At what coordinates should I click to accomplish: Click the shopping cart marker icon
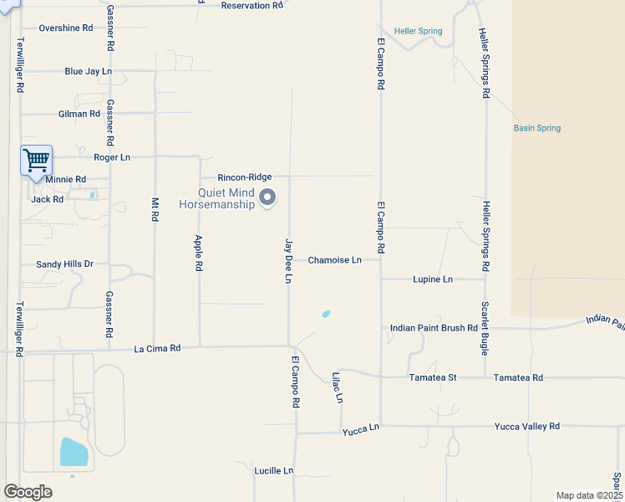coord(36,159)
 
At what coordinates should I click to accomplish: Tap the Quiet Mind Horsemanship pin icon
coord(267,197)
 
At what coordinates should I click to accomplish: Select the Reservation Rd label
coord(252,6)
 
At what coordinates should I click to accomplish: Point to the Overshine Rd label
coord(65,28)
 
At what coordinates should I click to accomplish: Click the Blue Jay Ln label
coord(88,72)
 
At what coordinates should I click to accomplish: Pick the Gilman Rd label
coord(79,114)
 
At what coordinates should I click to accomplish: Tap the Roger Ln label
coord(112,157)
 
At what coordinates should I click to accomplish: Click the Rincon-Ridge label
coord(245,177)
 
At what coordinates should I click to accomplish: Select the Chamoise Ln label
coord(334,260)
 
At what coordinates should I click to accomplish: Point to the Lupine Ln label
coord(433,279)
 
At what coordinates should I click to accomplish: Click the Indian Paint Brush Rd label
coord(434,328)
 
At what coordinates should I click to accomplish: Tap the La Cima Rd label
coord(157,348)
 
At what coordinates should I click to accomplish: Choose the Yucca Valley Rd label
coord(526,427)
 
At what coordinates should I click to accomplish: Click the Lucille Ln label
coord(274,471)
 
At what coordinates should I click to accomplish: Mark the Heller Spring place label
coord(419,32)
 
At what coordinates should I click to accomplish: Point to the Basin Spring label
coord(536,128)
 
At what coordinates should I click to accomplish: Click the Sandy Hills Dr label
coord(64,264)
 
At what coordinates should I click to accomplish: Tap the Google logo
coord(28,492)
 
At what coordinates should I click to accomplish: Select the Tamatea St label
coord(433,378)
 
